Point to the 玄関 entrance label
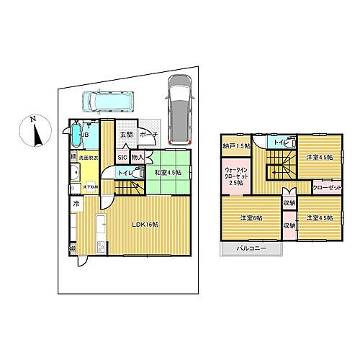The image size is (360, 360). tap(126, 135)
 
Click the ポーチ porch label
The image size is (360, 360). tap(149, 135)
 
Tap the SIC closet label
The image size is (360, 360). tap(122, 156)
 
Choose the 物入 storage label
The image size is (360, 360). tap(139, 156)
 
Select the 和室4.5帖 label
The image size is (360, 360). tap(167, 173)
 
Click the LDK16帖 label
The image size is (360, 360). tap(145, 224)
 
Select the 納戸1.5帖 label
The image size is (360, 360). tap(241, 145)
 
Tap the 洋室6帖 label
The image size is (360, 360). tap(251, 219)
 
